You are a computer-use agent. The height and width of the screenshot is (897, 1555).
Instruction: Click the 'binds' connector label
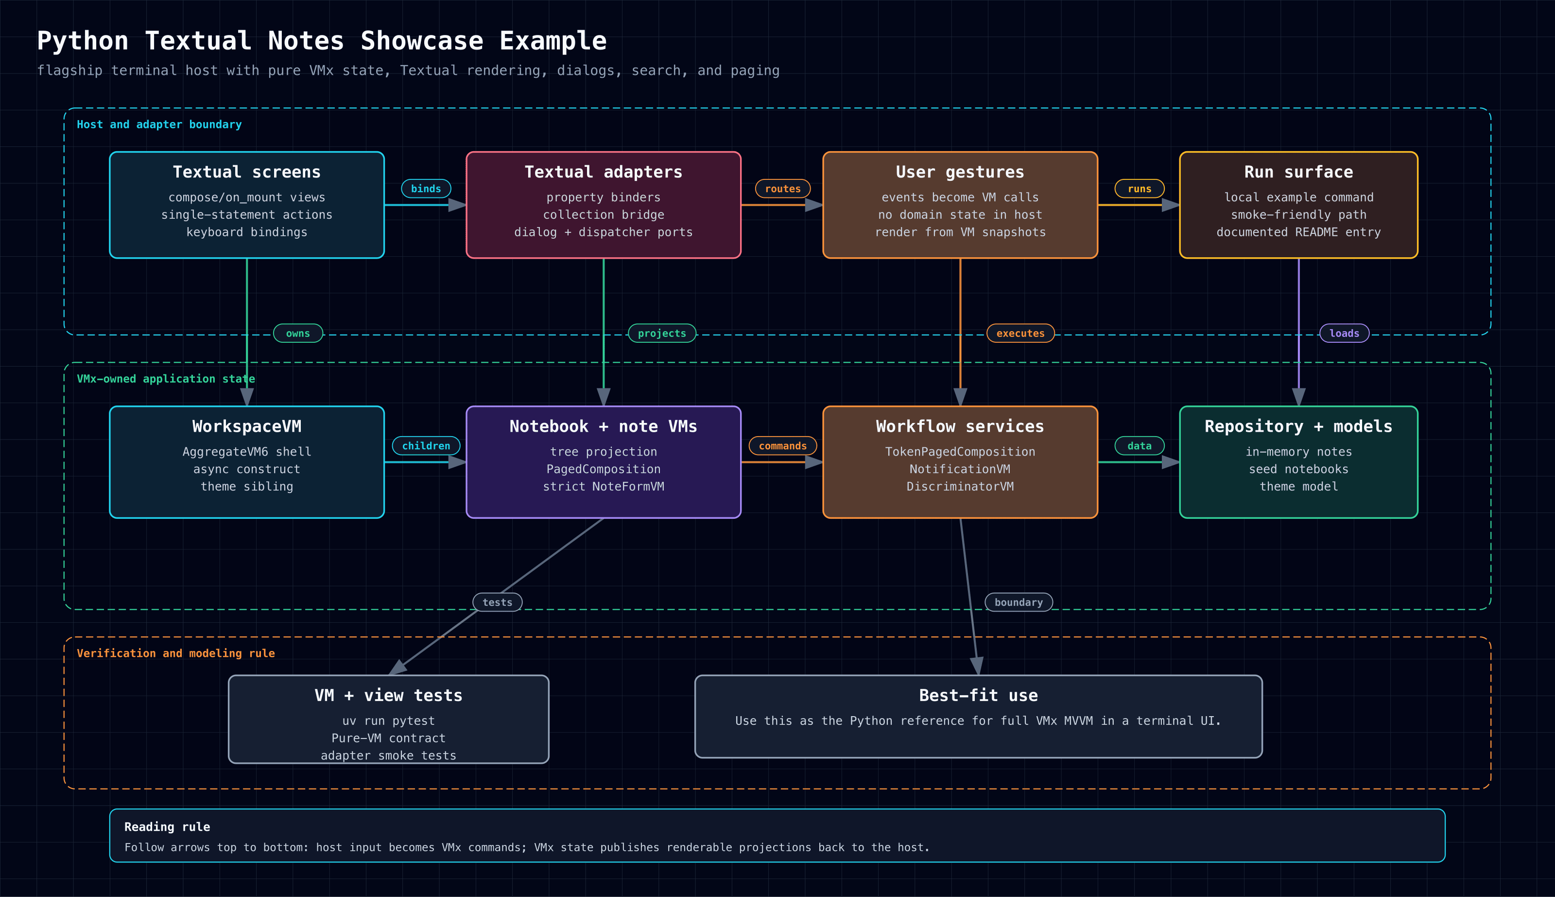(426, 189)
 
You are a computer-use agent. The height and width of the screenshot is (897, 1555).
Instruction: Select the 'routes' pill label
(782, 189)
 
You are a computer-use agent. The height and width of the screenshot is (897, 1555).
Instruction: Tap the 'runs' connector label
(1140, 189)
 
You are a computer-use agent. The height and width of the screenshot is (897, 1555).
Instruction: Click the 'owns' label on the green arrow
(298, 334)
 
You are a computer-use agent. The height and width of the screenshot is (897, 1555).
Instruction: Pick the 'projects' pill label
(662, 334)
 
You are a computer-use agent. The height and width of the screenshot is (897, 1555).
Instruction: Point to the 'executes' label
(1020, 334)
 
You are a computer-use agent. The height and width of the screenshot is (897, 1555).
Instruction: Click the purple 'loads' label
(1345, 334)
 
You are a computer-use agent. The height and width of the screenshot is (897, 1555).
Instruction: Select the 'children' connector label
(426, 445)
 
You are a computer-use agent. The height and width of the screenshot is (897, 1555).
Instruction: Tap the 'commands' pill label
(782, 445)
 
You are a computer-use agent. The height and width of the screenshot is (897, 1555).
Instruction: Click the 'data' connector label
(1140, 445)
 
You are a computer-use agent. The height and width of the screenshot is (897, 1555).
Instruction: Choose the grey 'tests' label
(498, 602)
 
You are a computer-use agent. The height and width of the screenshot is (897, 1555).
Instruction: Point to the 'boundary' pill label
(1019, 602)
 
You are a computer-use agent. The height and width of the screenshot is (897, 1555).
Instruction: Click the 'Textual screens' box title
(247, 172)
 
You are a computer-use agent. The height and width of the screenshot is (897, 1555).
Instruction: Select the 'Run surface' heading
(1299, 172)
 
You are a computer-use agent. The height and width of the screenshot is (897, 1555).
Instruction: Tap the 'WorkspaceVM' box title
(247, 426)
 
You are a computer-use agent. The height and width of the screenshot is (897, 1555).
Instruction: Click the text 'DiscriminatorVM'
(960, 486)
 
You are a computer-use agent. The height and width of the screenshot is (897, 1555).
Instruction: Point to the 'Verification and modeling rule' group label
(175, 653)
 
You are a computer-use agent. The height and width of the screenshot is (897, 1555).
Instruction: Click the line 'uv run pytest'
(388, 721)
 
